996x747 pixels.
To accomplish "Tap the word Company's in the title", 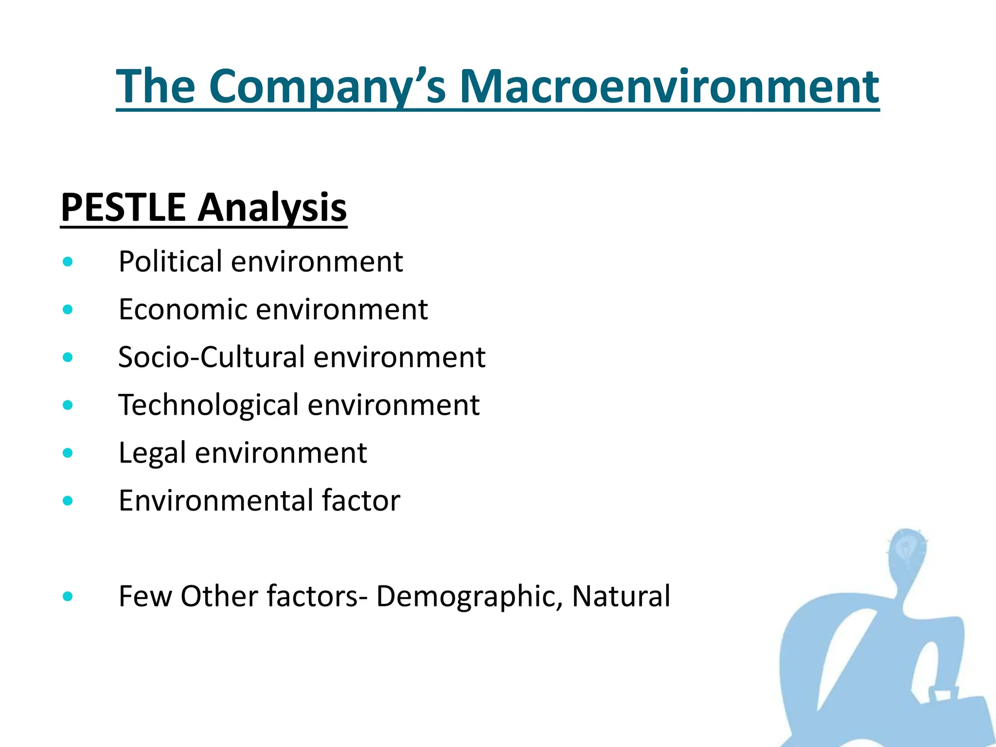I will pyautogui.click(x=327, y=87).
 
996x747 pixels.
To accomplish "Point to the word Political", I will pyautogui.click(x=170, y=262).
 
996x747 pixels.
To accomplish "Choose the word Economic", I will pyautogui.click(x=182, y=309).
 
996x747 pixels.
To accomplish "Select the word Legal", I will pyautogui.click(x=152, y=453).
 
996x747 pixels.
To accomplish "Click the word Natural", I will pyautogui.click(x=621, y=596).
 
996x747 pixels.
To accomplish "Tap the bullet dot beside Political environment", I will pyautogui.click(x=68, y=262).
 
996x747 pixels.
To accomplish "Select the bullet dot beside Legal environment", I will pyautogui.click(x=68, y=453).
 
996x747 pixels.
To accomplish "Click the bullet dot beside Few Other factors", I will pyautogui.click(x=68, y=596).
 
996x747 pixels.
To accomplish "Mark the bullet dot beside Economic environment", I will pyautogui.click(x=68, y=310).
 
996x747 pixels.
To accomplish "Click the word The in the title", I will pyautogui.click(x=156, y=87).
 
